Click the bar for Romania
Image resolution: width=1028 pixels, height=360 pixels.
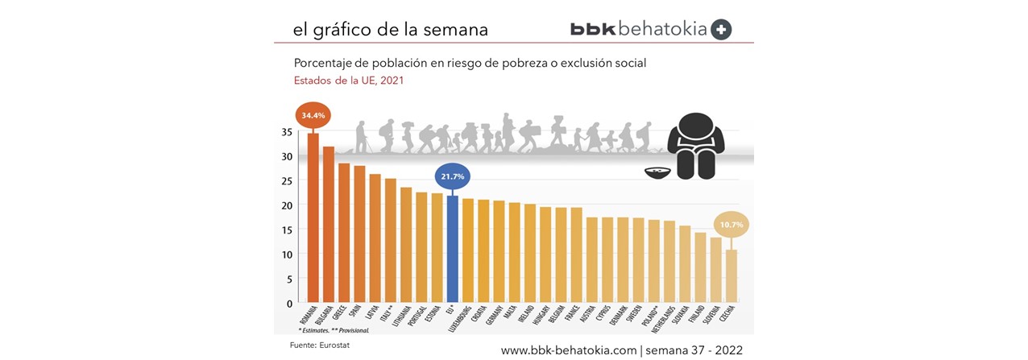(x=313, y=217)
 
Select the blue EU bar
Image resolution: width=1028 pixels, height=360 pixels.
(x=453, y=249)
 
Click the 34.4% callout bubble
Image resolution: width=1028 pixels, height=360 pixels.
(x=313, y=116)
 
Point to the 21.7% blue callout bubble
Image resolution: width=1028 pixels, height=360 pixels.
(x=453, y=176)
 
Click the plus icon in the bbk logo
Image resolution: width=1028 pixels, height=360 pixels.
(x=722, y=29)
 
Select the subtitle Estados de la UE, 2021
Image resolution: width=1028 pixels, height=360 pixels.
(x=347, y=81)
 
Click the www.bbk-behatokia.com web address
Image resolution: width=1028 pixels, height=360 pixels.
(x=568, y=350)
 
